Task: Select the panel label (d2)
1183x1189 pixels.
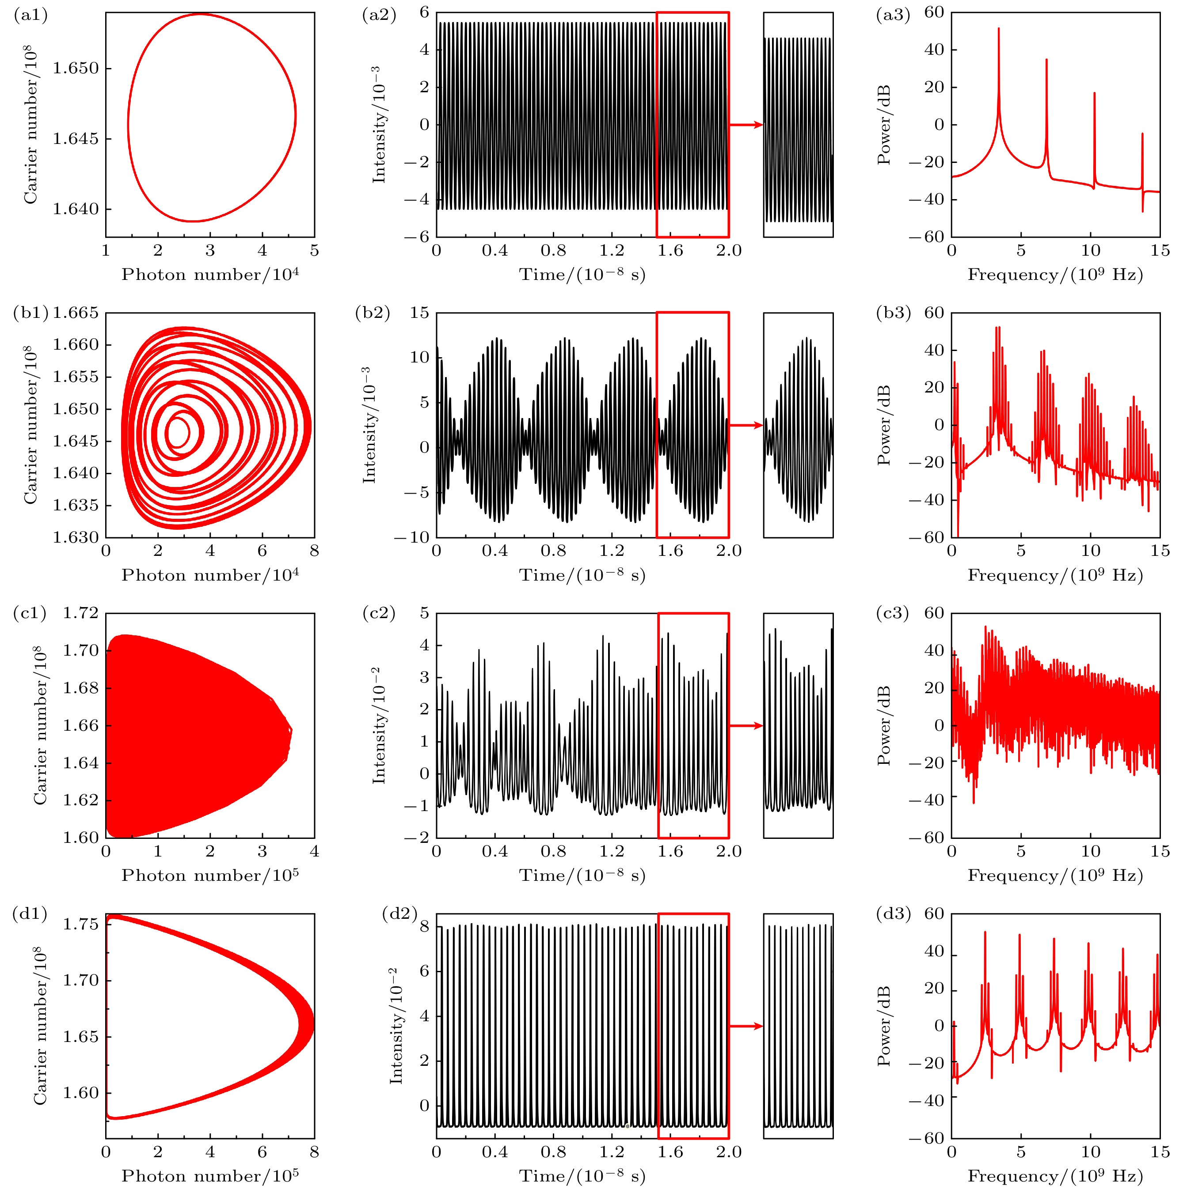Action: [x=399, y=913]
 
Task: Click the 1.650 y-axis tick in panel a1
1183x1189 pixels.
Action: [x=75, y=68]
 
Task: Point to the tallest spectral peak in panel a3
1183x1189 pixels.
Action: [x=998, y=29]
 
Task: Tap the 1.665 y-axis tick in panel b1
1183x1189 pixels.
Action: [x=75, y=313]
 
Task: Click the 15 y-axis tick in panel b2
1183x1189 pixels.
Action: [x=419, y=313]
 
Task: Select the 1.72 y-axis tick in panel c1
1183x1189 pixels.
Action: [x=80, y=613]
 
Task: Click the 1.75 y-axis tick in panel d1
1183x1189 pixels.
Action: [x=80, y=925]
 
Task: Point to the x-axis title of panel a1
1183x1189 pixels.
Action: [x=210, y=275]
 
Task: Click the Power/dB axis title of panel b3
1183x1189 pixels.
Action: [x=884, y=425]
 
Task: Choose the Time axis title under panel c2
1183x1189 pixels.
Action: [x=582, y=875]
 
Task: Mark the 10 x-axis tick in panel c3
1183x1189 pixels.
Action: [x=1090, y=852]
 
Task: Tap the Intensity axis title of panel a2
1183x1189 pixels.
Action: [x=379, y=125]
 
